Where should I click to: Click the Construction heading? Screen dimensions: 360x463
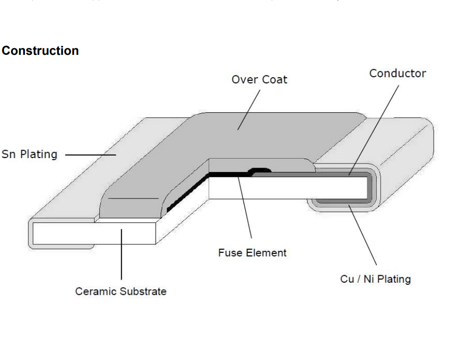[40, 51]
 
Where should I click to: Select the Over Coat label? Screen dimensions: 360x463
[259, 79]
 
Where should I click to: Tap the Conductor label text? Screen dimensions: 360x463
[397, 73]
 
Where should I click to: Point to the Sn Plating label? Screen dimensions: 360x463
[29, 154]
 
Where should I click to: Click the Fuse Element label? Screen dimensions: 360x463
[252, 253]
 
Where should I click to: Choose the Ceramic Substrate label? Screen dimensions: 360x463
[121, 291]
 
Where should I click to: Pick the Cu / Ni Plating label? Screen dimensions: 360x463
[375, 279]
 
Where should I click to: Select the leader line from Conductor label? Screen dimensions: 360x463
[374, 129]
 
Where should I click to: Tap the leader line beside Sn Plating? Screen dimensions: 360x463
[90, 154]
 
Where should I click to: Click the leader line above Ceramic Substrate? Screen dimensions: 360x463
[121, 254]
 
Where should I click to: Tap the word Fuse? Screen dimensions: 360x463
[229, 253]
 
